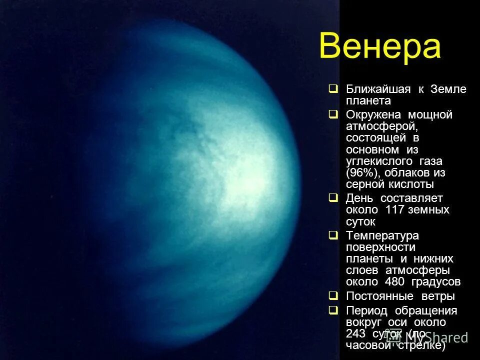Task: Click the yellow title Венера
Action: click(x=380, y=47)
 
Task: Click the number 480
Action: click(x=394, y=282)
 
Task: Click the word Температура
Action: click(x=382, y=235)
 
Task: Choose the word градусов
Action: click(x=435, y=282)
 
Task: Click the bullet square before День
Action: click(x=333, y=198)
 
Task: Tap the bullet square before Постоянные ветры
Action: click(x=333, y=296)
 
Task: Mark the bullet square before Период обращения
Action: click(x=333, y=310)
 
